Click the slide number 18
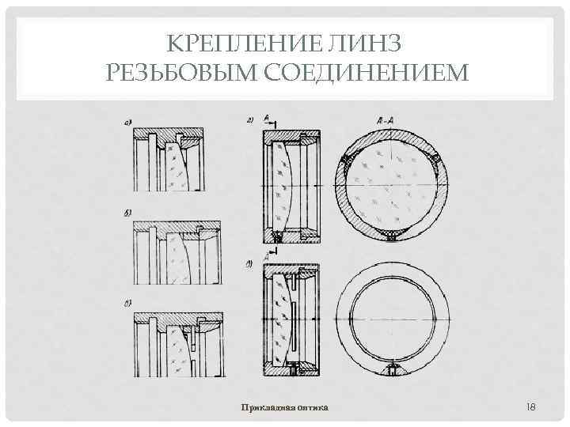531,406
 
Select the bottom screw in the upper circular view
390,236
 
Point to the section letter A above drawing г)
267,119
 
